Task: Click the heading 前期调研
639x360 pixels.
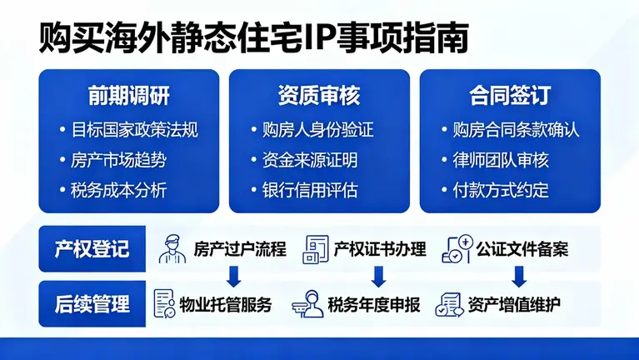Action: [x=128, y=96]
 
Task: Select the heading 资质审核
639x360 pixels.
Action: [x=319, y=96]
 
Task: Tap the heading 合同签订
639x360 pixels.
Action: [x=509, y=96]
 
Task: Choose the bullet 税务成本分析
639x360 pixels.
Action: [x=118, y=190]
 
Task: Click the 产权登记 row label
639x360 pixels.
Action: [x=92, y=249]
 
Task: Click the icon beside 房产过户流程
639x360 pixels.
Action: [x=171, y=248]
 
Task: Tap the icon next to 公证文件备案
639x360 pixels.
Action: [x=457, y=248]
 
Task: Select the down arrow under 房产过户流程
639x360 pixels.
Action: [x=234, y=276]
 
